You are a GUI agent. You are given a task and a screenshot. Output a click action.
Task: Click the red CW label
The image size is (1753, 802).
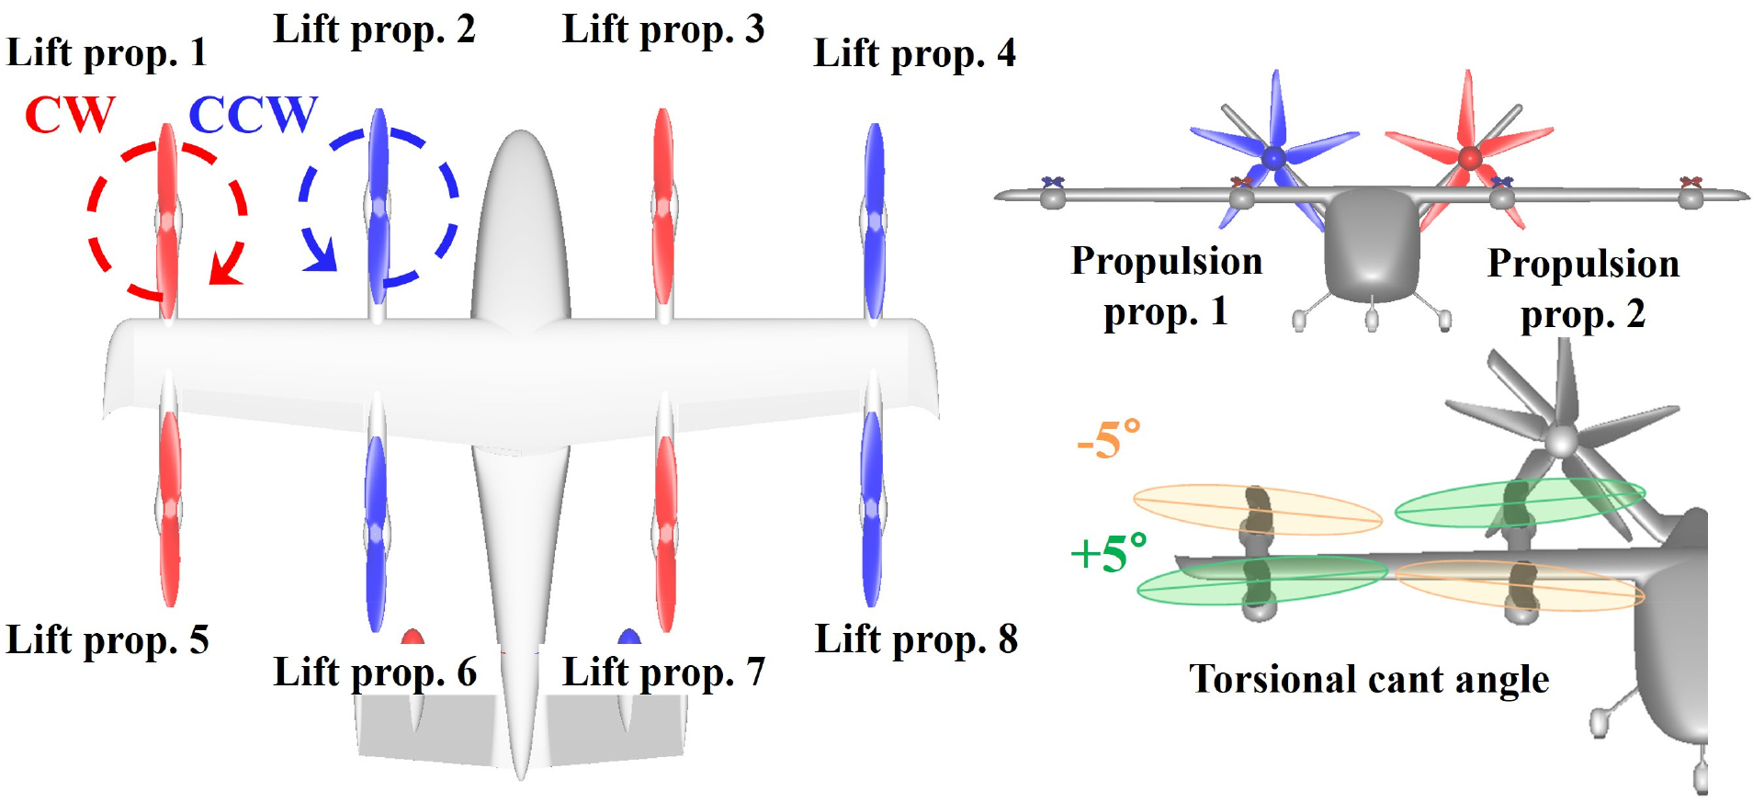coord(70,115)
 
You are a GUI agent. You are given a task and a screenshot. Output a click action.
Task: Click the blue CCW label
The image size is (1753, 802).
coord(253,115)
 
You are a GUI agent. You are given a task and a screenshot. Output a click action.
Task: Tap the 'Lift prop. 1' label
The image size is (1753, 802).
coord(107,53)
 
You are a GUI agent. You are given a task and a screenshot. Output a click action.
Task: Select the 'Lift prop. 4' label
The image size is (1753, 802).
coord(914,53)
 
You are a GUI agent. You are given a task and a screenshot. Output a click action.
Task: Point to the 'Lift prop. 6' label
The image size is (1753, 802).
coord(375,672)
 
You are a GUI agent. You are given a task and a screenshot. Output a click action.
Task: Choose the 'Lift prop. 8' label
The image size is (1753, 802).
coord(916,639)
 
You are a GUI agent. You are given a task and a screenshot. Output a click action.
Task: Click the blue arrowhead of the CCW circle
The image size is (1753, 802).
coord(322,258)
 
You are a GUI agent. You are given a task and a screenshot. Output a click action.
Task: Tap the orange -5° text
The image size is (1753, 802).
coord(1109,440)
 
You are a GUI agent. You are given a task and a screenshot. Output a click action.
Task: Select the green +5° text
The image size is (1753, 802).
coord(1109,553)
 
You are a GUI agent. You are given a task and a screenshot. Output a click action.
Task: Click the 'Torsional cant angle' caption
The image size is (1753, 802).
coord(1369,680)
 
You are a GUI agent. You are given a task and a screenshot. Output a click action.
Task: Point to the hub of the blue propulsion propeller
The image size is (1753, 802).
coord(1273,158)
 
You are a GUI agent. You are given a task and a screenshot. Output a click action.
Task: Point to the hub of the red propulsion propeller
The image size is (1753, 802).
coord(1469,158)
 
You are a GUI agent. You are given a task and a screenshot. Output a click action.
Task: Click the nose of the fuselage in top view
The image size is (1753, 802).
coord(521,138)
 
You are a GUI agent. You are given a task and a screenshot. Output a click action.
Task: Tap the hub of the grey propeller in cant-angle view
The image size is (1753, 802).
coord(1560,441)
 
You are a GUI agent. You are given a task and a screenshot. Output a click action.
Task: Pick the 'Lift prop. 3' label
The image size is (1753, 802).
coord(663,29)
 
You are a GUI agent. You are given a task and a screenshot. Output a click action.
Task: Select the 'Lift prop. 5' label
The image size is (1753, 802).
coord(107,640)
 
